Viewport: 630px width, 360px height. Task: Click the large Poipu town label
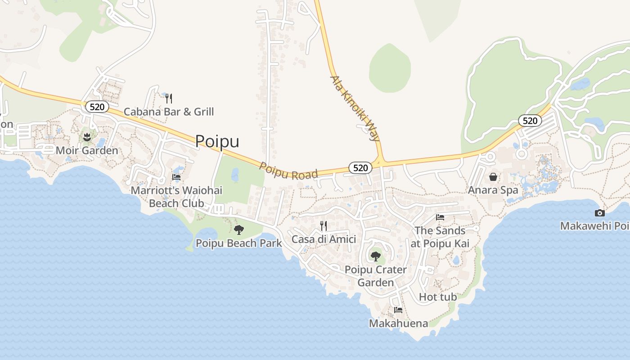point(217,141)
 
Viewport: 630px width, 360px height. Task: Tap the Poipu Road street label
point(288,171)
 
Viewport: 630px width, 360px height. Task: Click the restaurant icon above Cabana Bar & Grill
point(169,98)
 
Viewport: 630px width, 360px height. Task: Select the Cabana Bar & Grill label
point(169,112)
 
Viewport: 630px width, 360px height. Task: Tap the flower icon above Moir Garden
point(87,137)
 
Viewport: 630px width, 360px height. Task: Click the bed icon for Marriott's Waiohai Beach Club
point(176,177)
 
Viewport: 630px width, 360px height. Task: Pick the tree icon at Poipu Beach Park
point(239,230)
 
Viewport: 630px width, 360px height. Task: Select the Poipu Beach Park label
point(238,243)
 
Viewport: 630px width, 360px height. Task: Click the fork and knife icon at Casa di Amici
point(324,225)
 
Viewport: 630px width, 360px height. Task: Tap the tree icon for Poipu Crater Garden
point(375,256)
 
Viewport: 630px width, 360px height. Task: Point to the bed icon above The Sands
point(440,217)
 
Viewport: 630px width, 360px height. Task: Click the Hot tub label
point(438,297)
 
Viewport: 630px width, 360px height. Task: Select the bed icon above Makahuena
point(398,310)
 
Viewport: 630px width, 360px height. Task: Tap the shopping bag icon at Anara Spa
point(493,177)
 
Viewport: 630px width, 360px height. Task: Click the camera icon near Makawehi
point(599,213)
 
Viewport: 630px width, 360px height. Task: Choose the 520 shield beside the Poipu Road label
point(360,168)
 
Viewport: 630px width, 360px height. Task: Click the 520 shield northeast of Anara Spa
point(530,121)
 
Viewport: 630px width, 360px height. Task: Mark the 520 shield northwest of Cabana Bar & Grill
point(97,107)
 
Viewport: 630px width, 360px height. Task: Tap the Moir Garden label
point(87,150)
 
